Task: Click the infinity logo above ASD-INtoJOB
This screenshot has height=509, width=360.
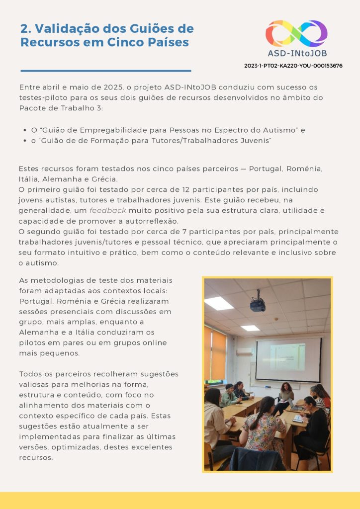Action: [296, 33]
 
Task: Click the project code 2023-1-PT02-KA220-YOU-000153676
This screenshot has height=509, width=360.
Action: [293, 66]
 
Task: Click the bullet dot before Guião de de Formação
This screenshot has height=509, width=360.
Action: [25, 141]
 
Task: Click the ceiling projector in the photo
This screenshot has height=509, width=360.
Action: [258, 304]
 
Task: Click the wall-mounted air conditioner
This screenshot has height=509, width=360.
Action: [244, 351]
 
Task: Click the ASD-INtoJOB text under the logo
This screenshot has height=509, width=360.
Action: [297, 53]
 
